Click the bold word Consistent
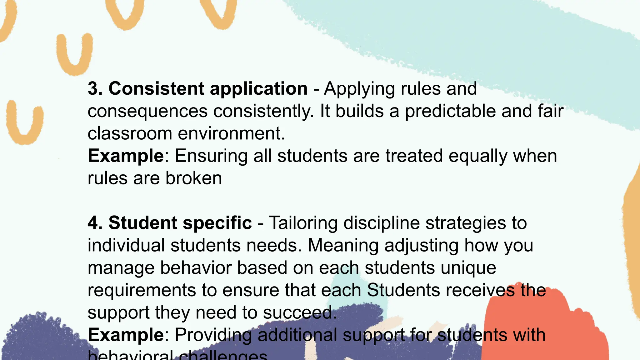click(156, 88)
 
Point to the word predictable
click(450, 111)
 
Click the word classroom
click(130, 133)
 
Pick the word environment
click(231, 133)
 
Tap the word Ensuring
click(211, 156)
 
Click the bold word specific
click(217, 223)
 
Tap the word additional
click(297, 335)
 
